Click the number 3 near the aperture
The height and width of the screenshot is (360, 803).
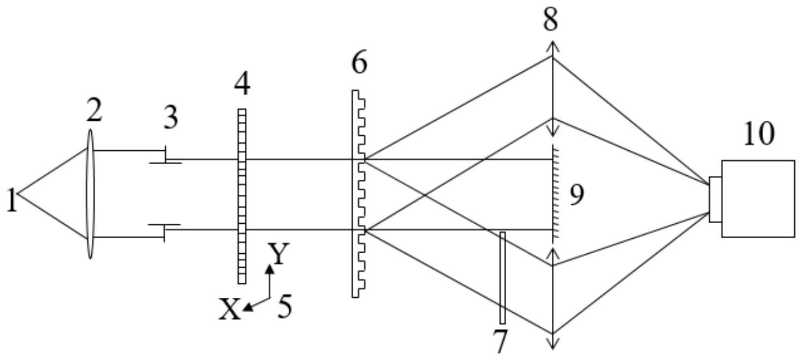pos(171,118)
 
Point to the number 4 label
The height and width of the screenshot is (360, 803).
pos(242,85)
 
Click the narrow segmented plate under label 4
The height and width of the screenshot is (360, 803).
pos(242,196)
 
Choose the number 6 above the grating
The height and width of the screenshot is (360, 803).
pos(359,63)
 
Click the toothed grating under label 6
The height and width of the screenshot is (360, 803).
pos(358,193)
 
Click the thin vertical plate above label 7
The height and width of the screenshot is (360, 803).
pos(502,277)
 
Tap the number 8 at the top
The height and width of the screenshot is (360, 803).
pos(551,20)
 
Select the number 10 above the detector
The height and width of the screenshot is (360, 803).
pos(759,133)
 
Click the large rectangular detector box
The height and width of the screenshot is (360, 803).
pos(758,199)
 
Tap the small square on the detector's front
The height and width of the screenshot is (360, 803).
pos(715,199)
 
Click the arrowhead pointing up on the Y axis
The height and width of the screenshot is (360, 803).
pos(271,268)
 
